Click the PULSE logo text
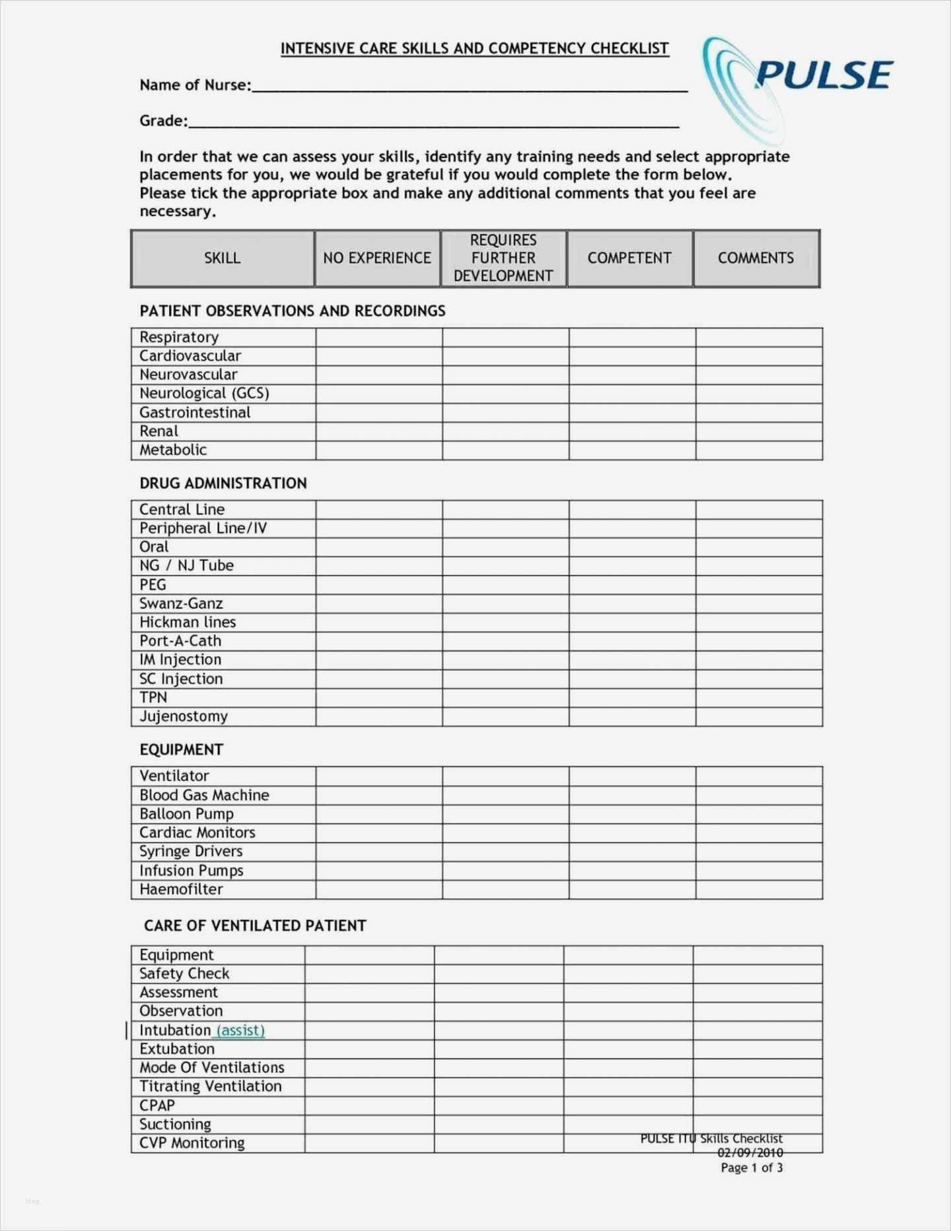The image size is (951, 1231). click(x=824, y=74)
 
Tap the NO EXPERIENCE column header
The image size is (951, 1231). click(x=377, y=258)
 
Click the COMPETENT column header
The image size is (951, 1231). click(x=629, y=258)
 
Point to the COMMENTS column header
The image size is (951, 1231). click(x=756, y=258)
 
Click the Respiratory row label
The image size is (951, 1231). click(x=179, y=338)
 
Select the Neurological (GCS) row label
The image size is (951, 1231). click(x=204, y=394)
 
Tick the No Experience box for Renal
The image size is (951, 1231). click(x=378, y=431)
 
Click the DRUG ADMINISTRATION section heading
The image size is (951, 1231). click(x=223, y=484)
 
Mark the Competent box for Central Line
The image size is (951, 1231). click(x=631, y=509)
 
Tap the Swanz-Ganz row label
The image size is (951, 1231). click(x=181, y=603)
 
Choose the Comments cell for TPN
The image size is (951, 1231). click(x=758, y=698)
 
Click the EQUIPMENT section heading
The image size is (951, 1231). click(x=182, y=750)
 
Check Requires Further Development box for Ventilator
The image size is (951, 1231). click(x=505, y=776)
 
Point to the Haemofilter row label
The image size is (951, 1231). click(x=181, y=889)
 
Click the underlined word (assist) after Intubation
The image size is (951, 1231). click(x=240, y=1031)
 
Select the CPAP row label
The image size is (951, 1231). click(x=157, y=1105)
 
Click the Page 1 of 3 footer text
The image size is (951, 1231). click(x=752, y=1168)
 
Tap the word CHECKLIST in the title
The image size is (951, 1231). click(x=629, y=49)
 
